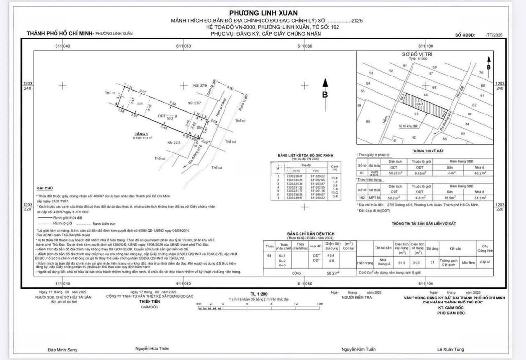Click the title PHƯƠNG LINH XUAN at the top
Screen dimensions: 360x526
[263, 13]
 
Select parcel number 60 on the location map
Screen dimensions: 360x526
[368, 121]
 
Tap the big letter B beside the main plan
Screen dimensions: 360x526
[325, 95]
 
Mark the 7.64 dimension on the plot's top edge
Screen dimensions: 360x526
[172, 104]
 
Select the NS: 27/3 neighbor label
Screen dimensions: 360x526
[173, 143]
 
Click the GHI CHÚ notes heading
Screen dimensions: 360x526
[44, 188]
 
